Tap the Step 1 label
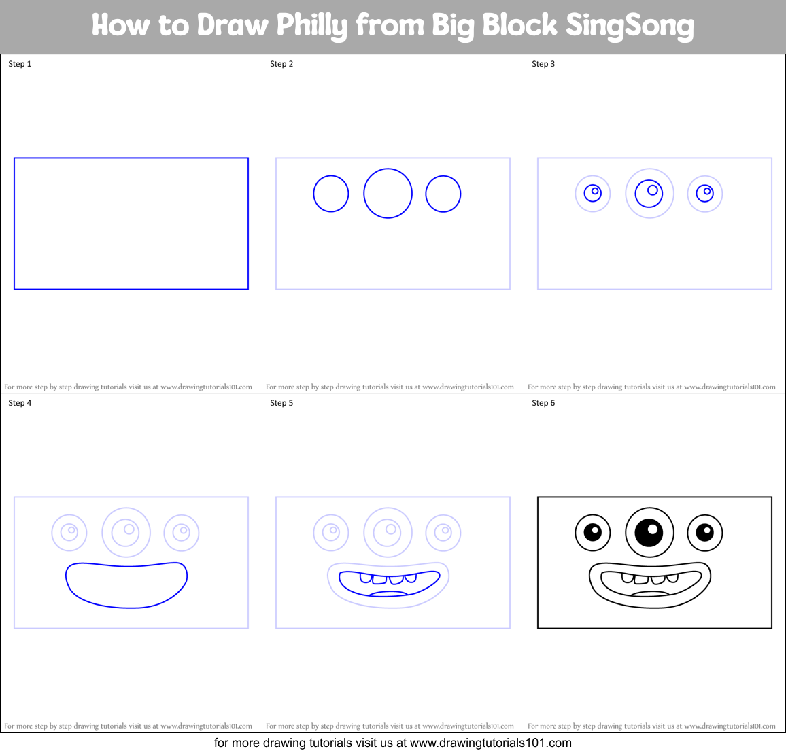click(x=20, y=64)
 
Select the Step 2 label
click(x=281, y=64)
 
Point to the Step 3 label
click(x=543, y=64)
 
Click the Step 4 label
click(x=20, y=403)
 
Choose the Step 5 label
click(x=281, y=403)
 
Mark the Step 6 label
click(x=543, y=403)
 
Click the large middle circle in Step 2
click(x=388, y=194)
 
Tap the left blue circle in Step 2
click(x=331, y=194)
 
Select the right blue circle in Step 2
click(x=443, y=194)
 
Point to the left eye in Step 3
click(x=593, y=194)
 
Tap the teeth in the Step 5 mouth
click(x=388, y=580)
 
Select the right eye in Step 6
click(x=705, y=533)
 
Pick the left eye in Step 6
click(x=593, y=533)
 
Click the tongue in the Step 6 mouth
click(x=651, y=594)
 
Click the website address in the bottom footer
click(x=491, y=743)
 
